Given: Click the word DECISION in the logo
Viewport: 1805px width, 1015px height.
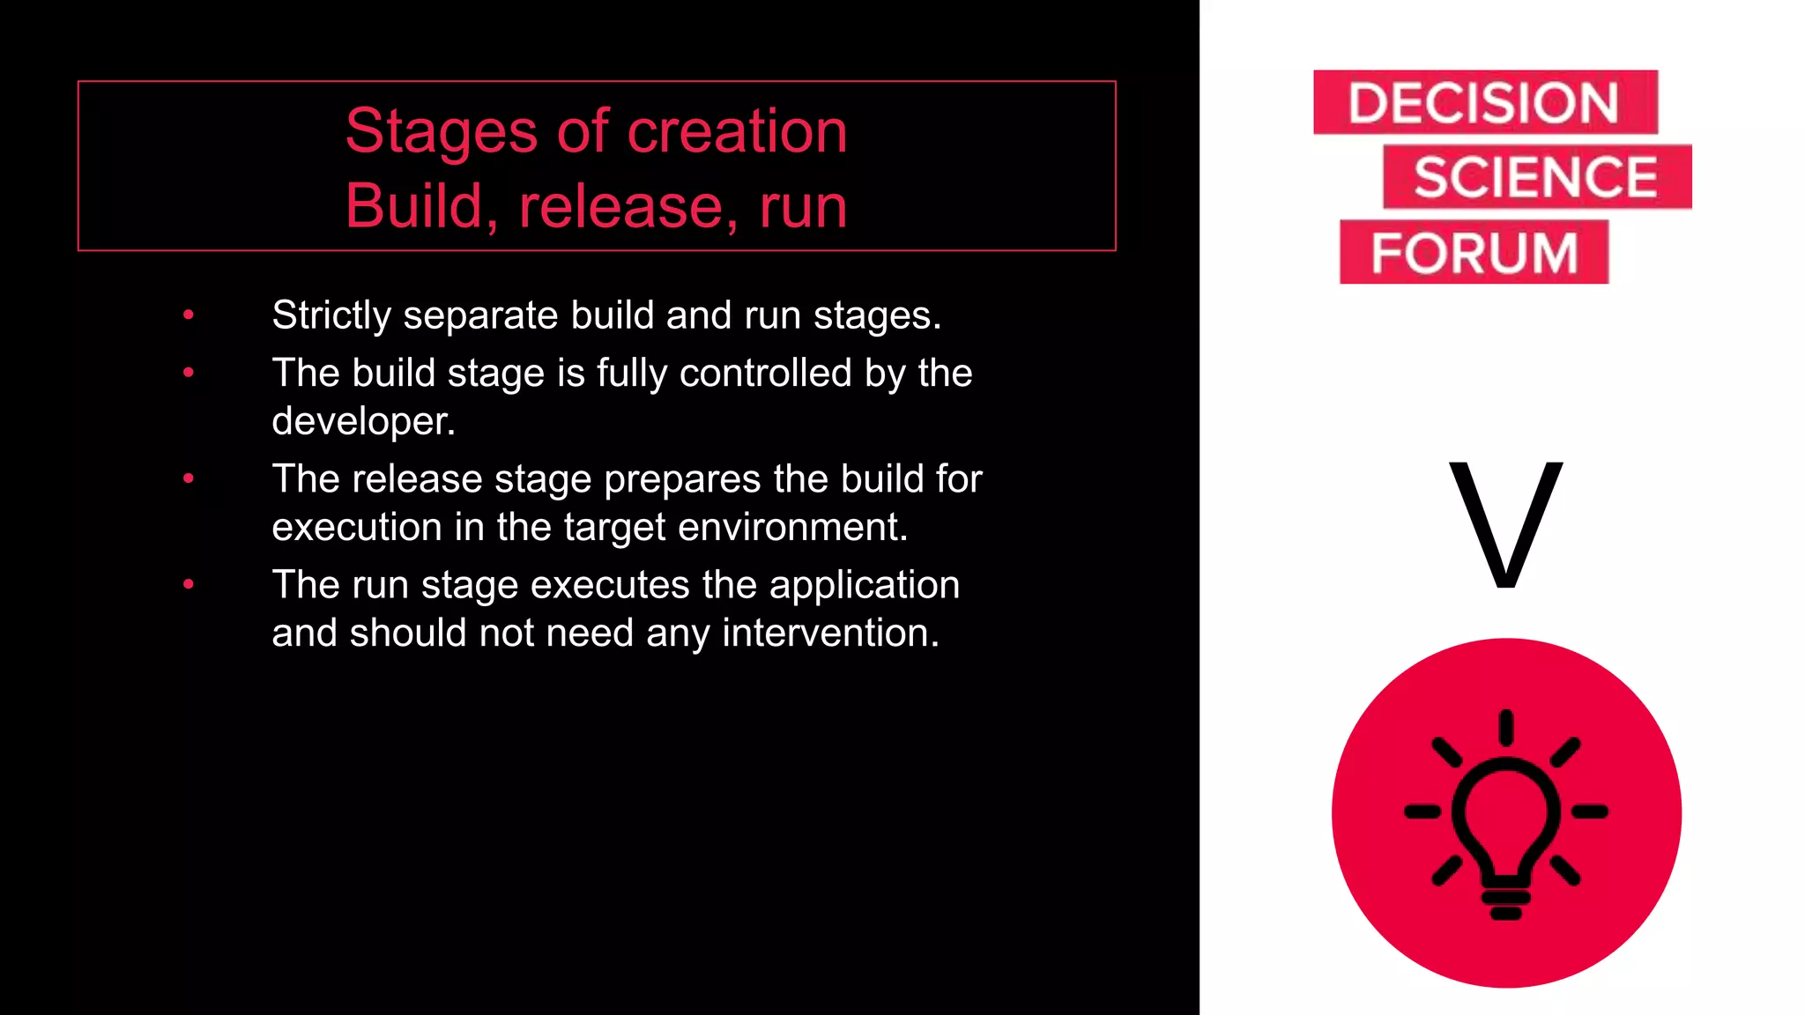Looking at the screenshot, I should click(1483, 103).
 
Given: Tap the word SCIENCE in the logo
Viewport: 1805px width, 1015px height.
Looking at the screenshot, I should click(1535, 177).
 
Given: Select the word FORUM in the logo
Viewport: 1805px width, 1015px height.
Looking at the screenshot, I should click(1474, 253).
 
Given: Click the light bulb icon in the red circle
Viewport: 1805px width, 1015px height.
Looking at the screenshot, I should click(1506, 819).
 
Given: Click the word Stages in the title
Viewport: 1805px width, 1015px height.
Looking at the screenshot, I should click(441, 131).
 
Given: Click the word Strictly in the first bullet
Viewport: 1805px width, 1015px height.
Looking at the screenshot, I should click(331, 315).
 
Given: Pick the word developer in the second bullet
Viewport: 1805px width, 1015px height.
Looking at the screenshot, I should click(362, 421).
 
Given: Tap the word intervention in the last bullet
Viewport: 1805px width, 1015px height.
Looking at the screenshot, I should click(829, 633).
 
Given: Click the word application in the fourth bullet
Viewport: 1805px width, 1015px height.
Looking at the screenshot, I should click(864, 585).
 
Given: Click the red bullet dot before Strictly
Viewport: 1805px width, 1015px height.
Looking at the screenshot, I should click(189, 315).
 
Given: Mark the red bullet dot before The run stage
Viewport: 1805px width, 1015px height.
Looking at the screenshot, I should click(189, 584).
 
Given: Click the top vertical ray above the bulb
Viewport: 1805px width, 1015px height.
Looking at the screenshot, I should click(1506, 728).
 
